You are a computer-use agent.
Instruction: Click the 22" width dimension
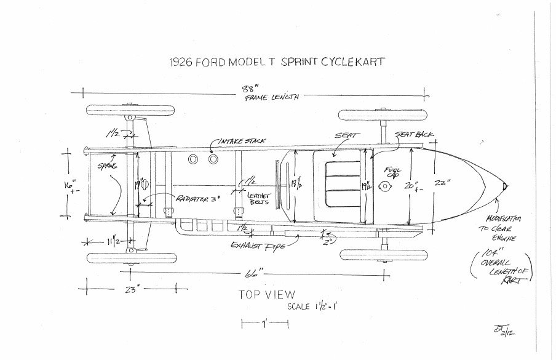tap(456, 182)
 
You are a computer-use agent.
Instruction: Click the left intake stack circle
tap(194, 159)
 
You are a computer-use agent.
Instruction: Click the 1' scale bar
tap(264, 322)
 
